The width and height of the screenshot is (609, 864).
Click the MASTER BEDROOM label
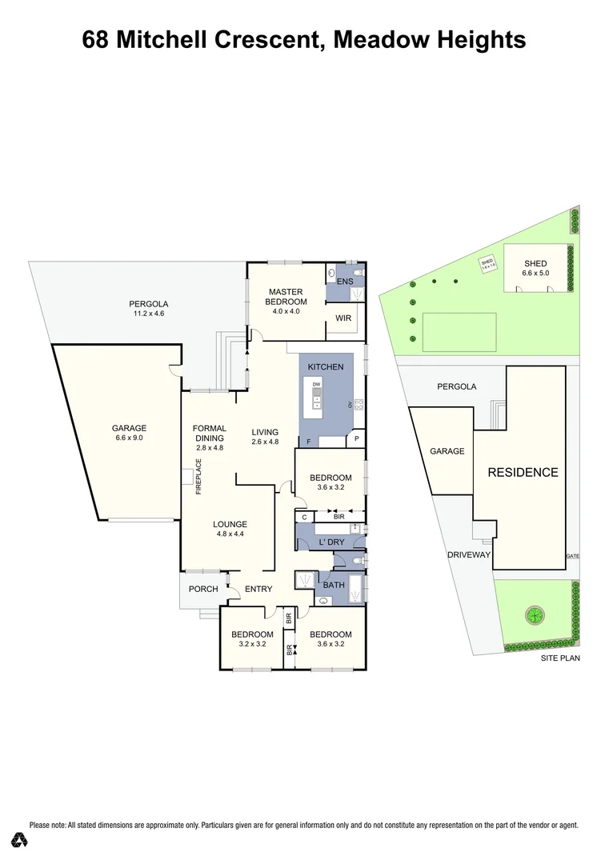coord(284,297)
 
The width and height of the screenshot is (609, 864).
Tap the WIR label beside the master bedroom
coord(343,318)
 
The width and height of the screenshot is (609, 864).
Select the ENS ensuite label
coord(344,282)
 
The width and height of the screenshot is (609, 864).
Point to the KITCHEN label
coord(326,366)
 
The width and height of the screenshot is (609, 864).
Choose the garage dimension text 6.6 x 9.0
coord(129,438)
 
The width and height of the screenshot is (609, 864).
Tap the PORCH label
coord(203,589)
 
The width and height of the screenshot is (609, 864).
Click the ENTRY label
coord(258,589)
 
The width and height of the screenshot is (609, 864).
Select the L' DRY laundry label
coord(331,543)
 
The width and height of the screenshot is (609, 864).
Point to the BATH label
coord(334,585)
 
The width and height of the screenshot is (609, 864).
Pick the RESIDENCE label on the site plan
coord(523,472)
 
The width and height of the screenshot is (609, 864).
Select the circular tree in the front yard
coord(533,616)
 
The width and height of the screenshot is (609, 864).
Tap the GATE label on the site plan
coord(571,555)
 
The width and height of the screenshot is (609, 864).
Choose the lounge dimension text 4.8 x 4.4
coord(230,534)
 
